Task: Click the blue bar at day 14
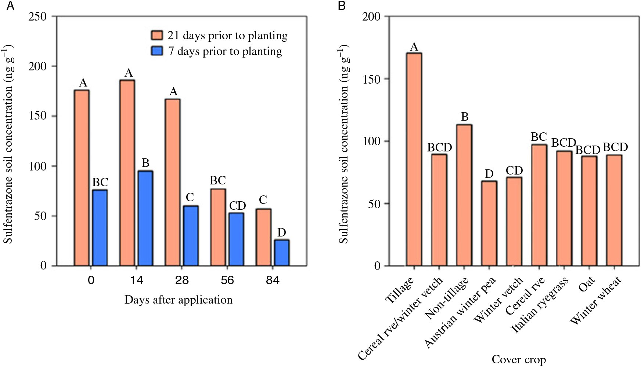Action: point(145,219)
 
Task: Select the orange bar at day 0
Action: point(82,178)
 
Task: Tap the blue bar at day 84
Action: point(282,253)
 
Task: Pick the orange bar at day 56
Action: point(218,227)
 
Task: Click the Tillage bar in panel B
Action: point(414,159)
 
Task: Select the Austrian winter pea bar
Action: point(489,223)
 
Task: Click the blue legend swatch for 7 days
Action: point(157,51)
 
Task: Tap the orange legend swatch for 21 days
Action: point(157,35)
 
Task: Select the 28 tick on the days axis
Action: point(182,280)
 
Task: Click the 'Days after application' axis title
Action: point(179,300)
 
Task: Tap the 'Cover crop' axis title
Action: point(519,359)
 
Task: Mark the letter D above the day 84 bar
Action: point(282,232)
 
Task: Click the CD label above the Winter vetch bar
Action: point(514,170)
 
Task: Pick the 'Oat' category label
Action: point(587,286)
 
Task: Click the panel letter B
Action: point(342,6)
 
